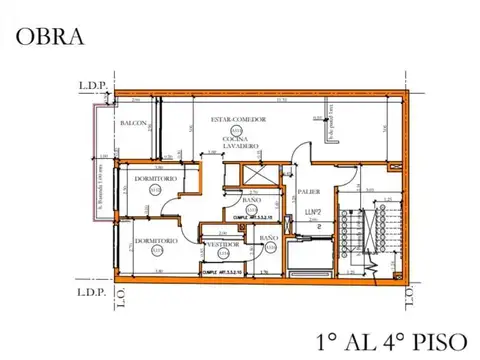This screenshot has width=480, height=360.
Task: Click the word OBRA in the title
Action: click(x=48, y=38)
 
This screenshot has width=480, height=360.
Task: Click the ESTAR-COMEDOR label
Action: click(x=237, y=120)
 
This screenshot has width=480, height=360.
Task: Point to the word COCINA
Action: click(x=237, y=139)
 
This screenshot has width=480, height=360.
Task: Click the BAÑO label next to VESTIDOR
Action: click(x=268, y=238)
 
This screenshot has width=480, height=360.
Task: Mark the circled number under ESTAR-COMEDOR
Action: click(x=237, y=130)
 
